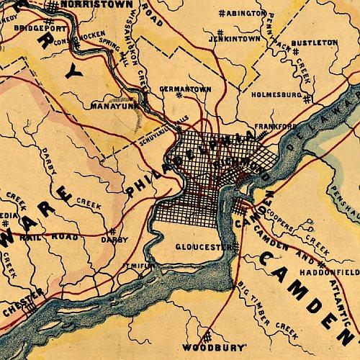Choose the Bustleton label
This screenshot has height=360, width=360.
coord(315,43)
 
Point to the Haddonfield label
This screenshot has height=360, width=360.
coord(336,273)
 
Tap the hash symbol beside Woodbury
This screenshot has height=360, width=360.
coord(205,337)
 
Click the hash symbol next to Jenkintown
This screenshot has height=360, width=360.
coord(219,33)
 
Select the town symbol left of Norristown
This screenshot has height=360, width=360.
coord(53,5)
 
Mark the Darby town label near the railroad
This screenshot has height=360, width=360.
coord(114,239)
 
